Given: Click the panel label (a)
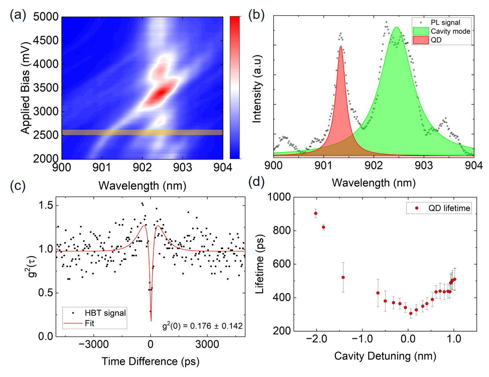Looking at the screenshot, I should click(x=18, y=15).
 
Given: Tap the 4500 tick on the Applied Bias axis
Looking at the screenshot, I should click(x=46, y=40).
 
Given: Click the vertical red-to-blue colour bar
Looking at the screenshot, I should click(x=235, y=87).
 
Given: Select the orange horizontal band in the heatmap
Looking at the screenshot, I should click(x=142, y=132).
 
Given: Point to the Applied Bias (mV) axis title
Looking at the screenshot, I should click(x=25, y=88).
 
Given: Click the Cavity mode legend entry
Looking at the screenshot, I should click(x=450, y=31).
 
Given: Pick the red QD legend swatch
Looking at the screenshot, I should click(x=420, y=40).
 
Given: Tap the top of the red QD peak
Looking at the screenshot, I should click(x=341, y=46).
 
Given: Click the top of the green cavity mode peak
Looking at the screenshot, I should click(x=396, y=27).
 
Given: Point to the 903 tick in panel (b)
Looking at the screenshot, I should click(x=424, y=166).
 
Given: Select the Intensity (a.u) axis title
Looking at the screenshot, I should click(x=257, y=89).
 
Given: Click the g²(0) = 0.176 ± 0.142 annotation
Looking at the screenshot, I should click(x=202, y=326).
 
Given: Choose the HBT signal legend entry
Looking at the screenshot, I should click(x=105, y=313).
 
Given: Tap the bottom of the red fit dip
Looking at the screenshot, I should click(x=151, y=321).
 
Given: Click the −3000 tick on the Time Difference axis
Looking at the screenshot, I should click(x=94, y=344).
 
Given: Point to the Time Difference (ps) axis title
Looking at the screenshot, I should click(x=150, y=361).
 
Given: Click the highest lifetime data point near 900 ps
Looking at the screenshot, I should click(x=316, y=213).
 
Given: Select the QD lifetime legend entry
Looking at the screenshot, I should click(x=449, y=208).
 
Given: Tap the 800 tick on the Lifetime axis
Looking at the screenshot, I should click(x=282, y=230).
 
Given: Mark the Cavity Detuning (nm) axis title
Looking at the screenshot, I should click(x=385, y=356).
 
